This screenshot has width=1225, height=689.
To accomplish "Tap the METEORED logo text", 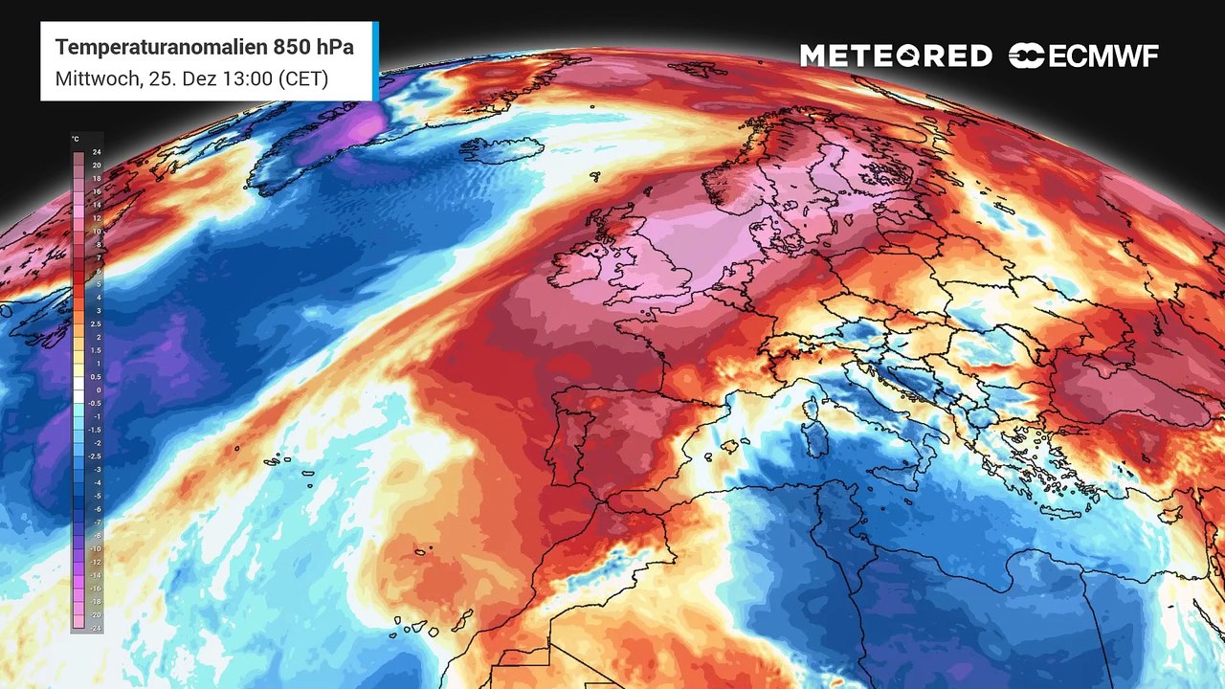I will tap(896, 56).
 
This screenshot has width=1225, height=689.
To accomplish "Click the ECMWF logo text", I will tap(1102, 56).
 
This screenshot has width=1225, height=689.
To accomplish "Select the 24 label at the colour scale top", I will tap(97, 153).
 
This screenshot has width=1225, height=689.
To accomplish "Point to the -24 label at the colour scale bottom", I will tap(96, 628).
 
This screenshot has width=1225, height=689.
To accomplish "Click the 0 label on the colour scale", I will tap(98, 390).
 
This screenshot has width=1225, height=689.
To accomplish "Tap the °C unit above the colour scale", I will tap(76, 140).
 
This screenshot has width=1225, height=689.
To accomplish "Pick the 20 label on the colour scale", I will tap(97, 166).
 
